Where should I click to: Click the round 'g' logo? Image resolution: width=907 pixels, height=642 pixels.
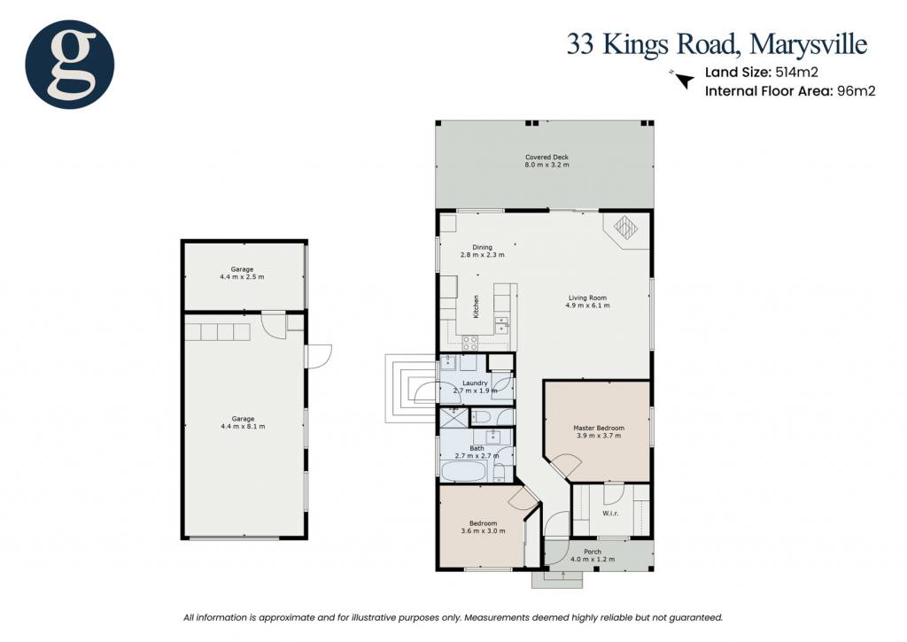pyautogui.click(x=69, y=64)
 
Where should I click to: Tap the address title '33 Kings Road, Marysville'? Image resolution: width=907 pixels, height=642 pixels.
pyautogui.click(x=717, y=44)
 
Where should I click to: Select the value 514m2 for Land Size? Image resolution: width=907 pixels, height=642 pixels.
pyautogui.click(x=796, y=73)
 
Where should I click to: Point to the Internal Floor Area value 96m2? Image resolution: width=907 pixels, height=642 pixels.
pyautogui.click(x=857, y=91)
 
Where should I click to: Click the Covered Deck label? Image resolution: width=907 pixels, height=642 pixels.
pyautogui.click(x=547, y=157)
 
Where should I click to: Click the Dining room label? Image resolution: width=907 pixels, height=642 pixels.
pyautogui.click(x=483, y=247)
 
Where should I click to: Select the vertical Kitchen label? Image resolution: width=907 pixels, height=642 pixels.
pyautogui.click(x=476, y=306)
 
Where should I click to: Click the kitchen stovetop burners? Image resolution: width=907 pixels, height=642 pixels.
pyautogui.click(x=469, y=343)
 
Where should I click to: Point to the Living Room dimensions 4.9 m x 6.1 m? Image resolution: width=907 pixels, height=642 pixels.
pyautogui.click(x=587, y=306)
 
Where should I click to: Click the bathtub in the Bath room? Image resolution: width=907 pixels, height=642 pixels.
pyautogui.click(x=463, y=471)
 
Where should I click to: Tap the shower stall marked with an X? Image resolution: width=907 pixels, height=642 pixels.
pyautogui.click(x=453, y=418)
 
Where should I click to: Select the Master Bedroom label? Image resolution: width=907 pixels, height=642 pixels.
pyautogui.click(x=599, y=428)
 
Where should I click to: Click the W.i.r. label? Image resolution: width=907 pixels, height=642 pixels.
pyautogui.click(x=610, y=513)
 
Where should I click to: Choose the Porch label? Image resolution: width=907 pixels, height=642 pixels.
pyautogui.click(x=593, y=552)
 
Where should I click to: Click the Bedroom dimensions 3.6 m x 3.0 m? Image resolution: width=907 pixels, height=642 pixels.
pyautogui.click(x=483, y=531)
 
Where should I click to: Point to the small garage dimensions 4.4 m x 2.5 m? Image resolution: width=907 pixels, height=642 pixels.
pyautogui.click(x=242, y=277)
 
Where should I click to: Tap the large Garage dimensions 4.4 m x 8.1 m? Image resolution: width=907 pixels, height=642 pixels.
pyautogui.click(x=243, y=426)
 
